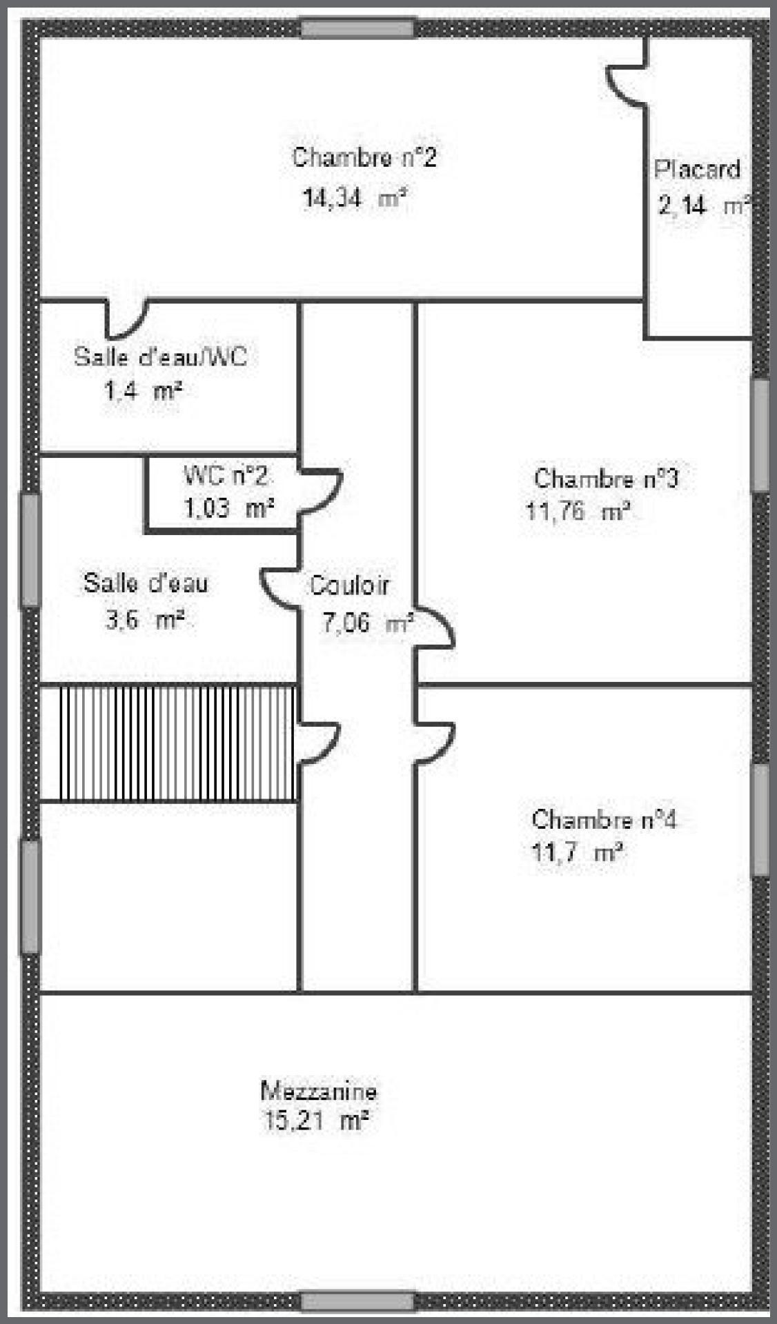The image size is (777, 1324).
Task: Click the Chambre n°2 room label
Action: [x=364, y=157]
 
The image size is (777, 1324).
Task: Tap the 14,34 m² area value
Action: [x=354, y=199]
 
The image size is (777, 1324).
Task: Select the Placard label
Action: [x=697, y=169]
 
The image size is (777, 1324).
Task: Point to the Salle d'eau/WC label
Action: [x=160, y=357]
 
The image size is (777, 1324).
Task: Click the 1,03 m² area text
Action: [x=228, y=508]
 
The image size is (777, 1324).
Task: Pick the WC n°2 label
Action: [x=225, y=475]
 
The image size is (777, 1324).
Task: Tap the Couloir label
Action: [x=349, y=585]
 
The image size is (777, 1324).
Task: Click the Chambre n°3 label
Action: [x=607, y=478]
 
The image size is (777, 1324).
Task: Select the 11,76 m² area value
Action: [x=578, y=512]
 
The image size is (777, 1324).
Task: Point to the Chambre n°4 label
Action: [x=604, y=819]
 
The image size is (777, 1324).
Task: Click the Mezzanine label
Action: [x=319, y=1091]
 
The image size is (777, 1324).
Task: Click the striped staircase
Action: [x=178, y=743]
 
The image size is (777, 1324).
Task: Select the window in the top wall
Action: [x=358, y=28]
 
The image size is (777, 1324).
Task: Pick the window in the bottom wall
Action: [x=358, y=1301]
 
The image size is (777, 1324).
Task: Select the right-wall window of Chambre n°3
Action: [x=760, y=435]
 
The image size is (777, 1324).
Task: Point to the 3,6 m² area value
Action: [x=144, y=619]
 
